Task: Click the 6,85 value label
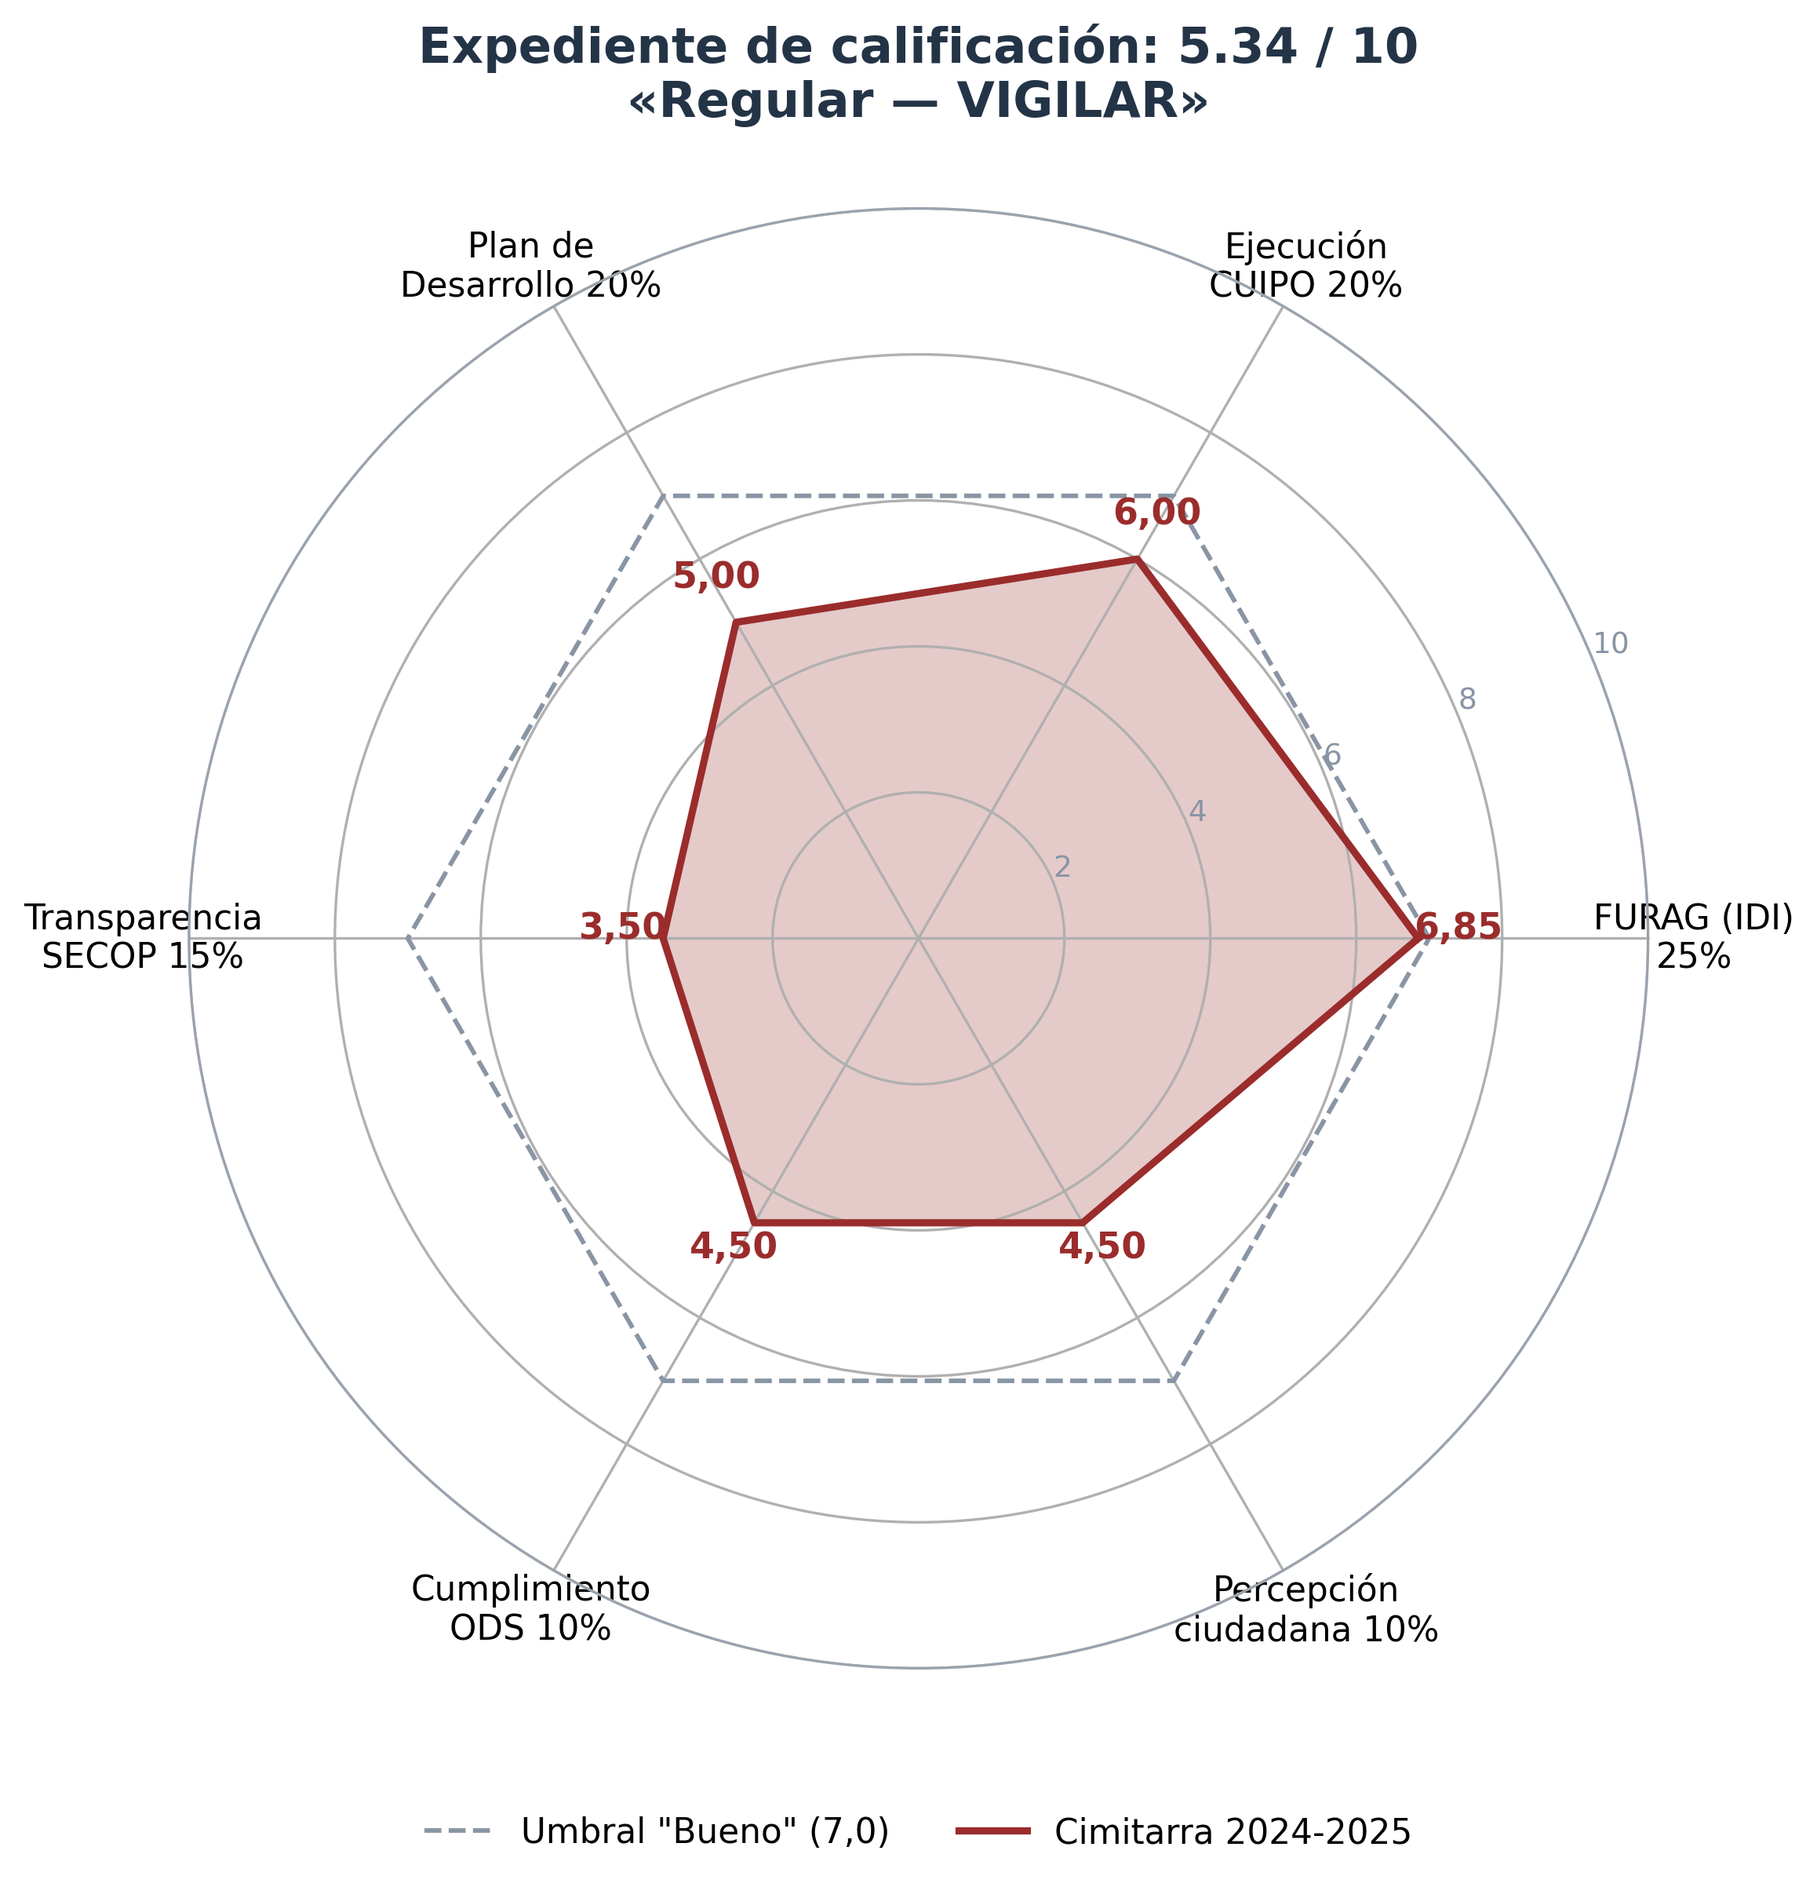[x=1458, y=927]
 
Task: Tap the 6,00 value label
[x=1156, y=513]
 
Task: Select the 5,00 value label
[x=716, y=577]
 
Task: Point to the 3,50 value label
[x=623, y=927]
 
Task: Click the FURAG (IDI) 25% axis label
[x=1693, y=936]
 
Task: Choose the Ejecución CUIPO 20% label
[x=1305, y=266]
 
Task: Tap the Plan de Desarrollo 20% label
[x=530, y=266]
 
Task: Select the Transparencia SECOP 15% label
[x=143, y=936]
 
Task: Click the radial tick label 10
[x=1610, y=644]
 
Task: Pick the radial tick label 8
[x=1466, y=700]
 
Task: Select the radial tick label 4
[x=1197, y=812]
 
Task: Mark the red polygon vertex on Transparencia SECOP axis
[x=663, y=938]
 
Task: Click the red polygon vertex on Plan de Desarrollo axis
[x=736, y=623]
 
